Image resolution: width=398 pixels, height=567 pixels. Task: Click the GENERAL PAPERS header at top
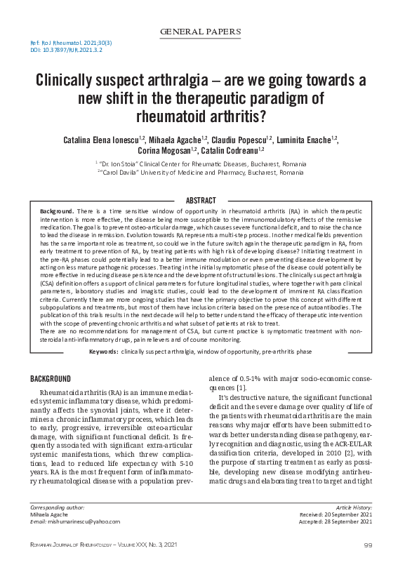point(200,32)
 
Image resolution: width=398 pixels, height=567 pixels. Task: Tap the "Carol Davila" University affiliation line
point(199,173)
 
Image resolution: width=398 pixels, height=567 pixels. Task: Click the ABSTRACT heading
point(200,201)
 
